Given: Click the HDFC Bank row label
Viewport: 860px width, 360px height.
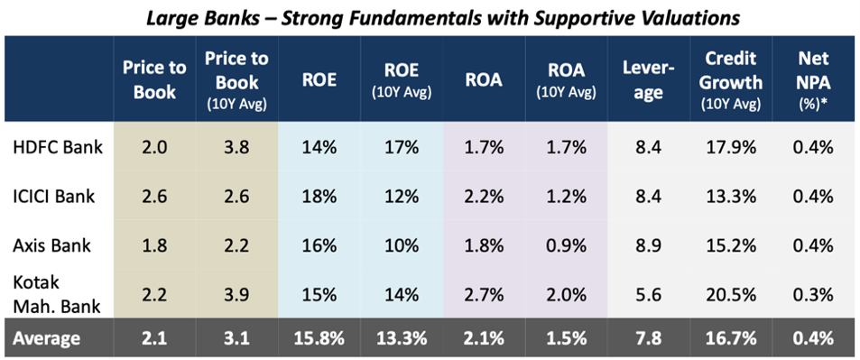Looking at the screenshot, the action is (58, 147).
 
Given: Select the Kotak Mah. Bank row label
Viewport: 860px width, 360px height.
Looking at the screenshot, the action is (56, 295).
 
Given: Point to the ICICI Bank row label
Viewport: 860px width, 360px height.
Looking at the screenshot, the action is (53, 197).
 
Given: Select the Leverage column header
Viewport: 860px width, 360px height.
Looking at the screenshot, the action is (648, 80).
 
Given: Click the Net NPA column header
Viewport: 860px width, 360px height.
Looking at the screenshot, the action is (814, 80).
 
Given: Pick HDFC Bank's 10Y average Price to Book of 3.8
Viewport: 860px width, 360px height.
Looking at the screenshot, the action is (237, 147).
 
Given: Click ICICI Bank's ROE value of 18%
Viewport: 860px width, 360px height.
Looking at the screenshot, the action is (319, 197).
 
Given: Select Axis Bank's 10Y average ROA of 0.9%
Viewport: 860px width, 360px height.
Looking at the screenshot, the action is (566, 245).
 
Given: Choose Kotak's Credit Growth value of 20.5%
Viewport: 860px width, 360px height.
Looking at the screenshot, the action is (733, 295).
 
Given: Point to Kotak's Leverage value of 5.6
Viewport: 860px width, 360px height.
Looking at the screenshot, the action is (648, 295).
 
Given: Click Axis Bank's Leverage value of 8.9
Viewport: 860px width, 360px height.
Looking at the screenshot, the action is (648, 245).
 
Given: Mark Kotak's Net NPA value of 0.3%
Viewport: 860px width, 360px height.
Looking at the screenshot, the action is (814, 295).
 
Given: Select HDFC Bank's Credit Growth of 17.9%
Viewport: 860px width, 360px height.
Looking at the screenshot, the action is (733, 147).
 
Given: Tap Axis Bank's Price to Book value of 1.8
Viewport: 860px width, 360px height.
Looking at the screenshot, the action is (154, 245).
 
